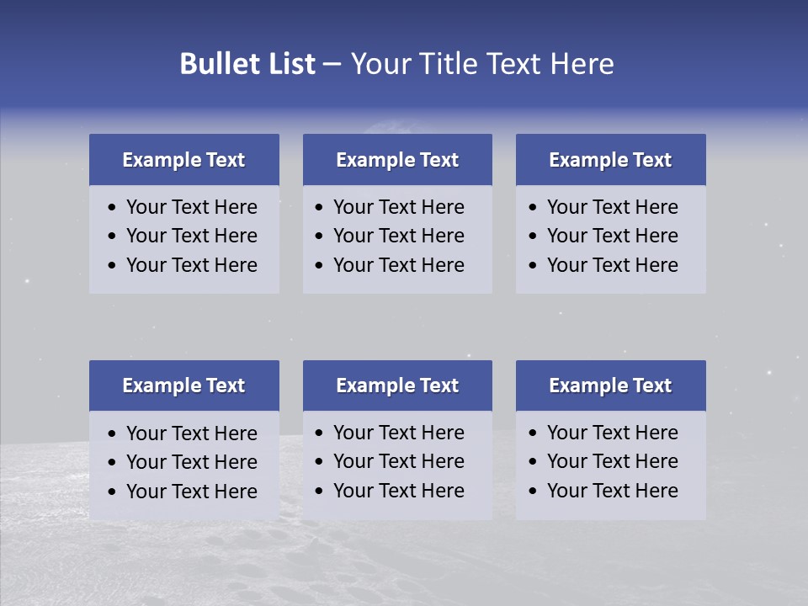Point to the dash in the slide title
[332, 65]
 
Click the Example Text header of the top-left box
[183, 160]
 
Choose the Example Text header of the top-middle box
[397, 160]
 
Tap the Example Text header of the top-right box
[610, 160]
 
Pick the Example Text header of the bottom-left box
[183, 385]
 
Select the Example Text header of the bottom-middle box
[397, 385]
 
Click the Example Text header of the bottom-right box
[610, 385]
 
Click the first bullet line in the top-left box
[191, 207]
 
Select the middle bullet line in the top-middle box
[398, 236]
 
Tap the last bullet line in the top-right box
[612, 265]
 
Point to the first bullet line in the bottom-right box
[612, 433]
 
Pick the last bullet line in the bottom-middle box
[398, 491]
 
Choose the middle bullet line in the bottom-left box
[191, 462]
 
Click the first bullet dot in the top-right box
[533, 208]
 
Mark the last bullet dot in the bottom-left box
[112, 492]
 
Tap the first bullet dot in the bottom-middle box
[319, 433]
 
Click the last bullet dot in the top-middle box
[319, 266]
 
